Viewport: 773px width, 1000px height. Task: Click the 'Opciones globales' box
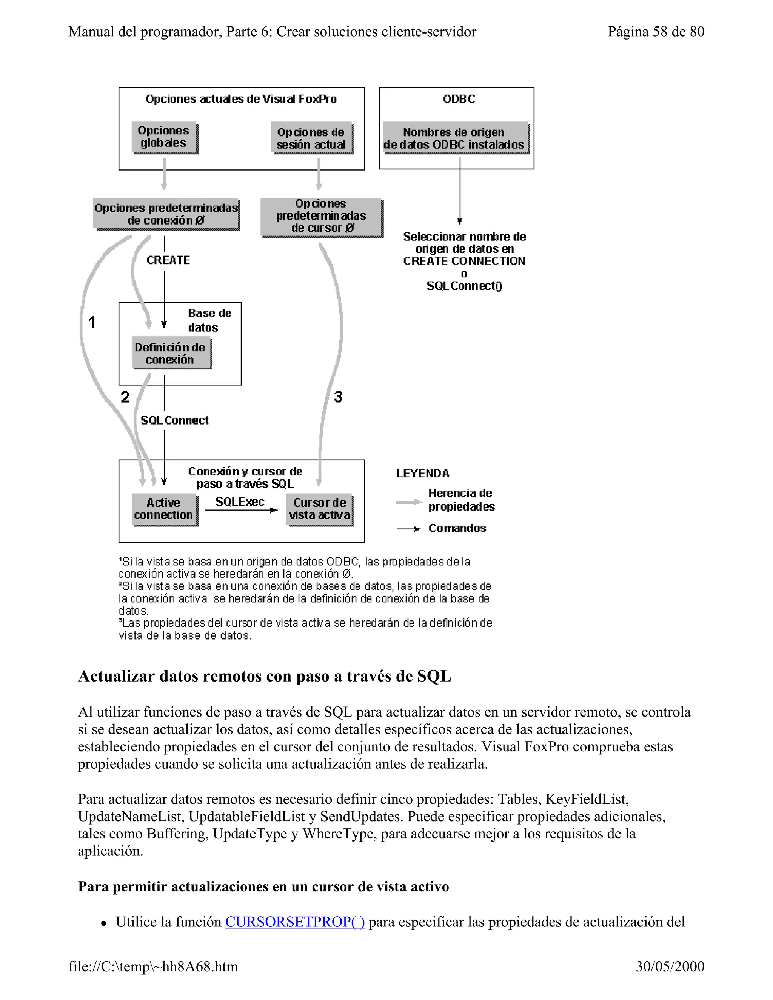coord(164,137)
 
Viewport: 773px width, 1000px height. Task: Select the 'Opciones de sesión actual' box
coord(311,138)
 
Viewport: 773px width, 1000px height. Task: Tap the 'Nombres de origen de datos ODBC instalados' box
coord(455,138)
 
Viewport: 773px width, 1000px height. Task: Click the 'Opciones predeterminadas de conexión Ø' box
coord(166,214)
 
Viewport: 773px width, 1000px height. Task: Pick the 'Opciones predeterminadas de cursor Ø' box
coord(321,216)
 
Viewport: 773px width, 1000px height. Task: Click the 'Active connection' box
coord(164,509)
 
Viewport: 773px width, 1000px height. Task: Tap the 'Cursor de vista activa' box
coord(320,509)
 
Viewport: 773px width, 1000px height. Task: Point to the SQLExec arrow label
coord(240,502)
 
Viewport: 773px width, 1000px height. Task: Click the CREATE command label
coord(168,260)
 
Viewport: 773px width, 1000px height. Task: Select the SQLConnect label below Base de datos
coord(174,420)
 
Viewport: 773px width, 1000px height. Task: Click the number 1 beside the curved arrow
coord(92,322)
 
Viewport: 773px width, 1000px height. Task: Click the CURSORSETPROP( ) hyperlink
coord(295,922)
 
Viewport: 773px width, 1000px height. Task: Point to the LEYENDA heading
coord(423,474)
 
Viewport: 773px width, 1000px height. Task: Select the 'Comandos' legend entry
coord(457,528)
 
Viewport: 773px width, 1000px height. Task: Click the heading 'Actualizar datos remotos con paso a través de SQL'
coord(264,676)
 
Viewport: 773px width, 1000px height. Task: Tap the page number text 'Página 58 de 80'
coord(656,32)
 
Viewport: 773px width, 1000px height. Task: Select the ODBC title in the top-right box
coord(459,99)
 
